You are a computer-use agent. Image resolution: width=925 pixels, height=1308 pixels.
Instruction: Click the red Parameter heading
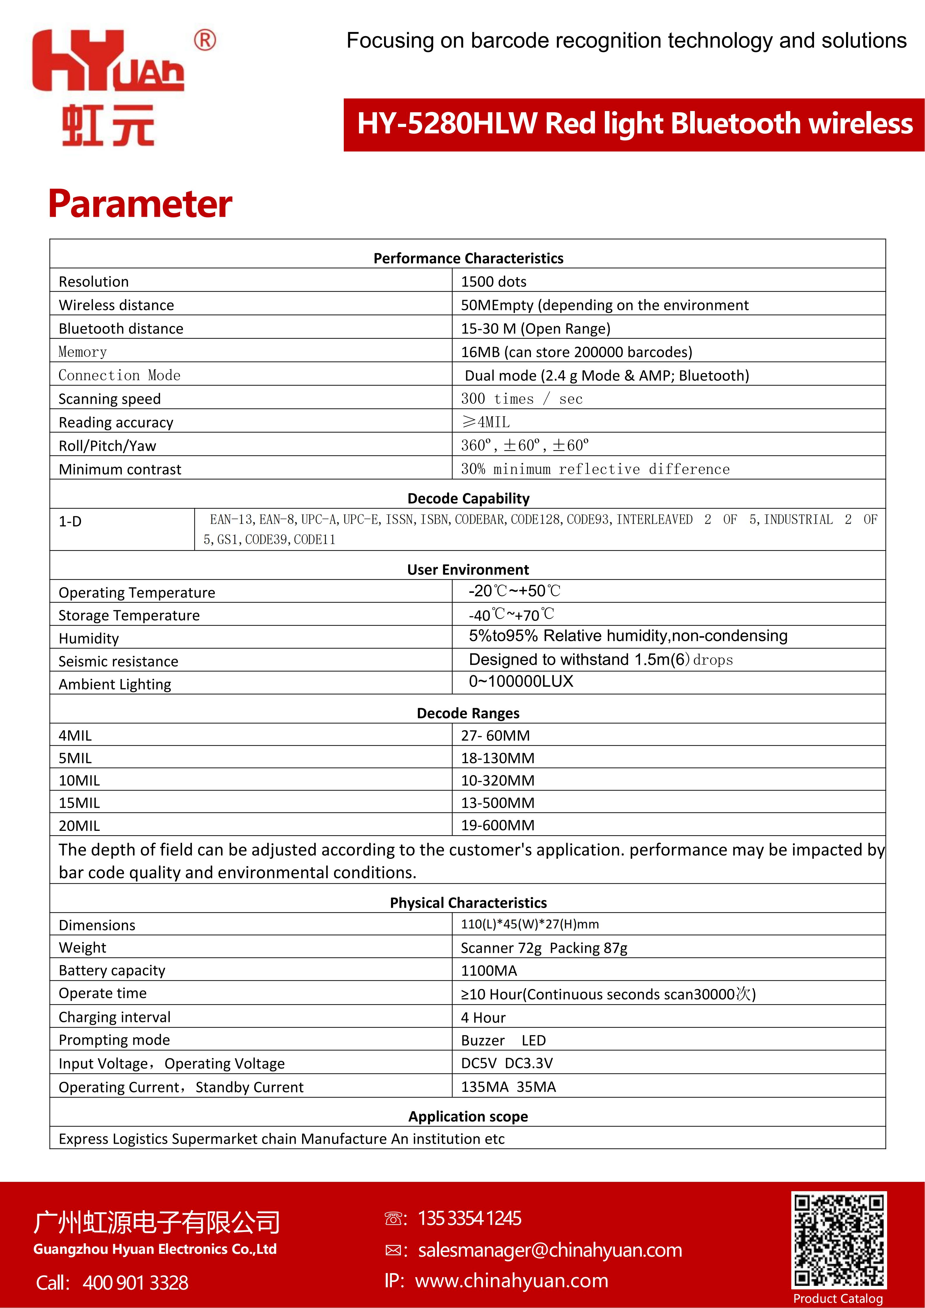140,204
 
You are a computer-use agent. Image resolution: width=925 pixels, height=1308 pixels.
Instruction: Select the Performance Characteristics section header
468,258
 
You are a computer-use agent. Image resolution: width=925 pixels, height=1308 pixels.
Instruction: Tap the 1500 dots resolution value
493,281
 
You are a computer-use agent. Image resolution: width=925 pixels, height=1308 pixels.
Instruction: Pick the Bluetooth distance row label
121,329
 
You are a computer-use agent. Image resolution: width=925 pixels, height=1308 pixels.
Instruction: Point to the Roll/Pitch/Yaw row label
107,445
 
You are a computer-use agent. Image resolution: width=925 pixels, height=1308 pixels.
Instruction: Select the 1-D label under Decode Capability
70,521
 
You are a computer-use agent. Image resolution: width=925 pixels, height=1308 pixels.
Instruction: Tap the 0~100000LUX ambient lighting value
521,681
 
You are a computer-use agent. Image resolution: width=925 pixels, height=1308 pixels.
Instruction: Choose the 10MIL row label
79,780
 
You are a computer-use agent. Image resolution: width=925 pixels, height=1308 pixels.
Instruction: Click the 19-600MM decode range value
497,825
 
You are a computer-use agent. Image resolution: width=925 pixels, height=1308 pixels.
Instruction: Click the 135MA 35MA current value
508,1087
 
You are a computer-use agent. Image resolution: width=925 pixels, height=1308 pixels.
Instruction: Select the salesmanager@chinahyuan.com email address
550,1250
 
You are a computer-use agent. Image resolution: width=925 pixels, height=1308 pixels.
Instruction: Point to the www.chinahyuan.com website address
512,1281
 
